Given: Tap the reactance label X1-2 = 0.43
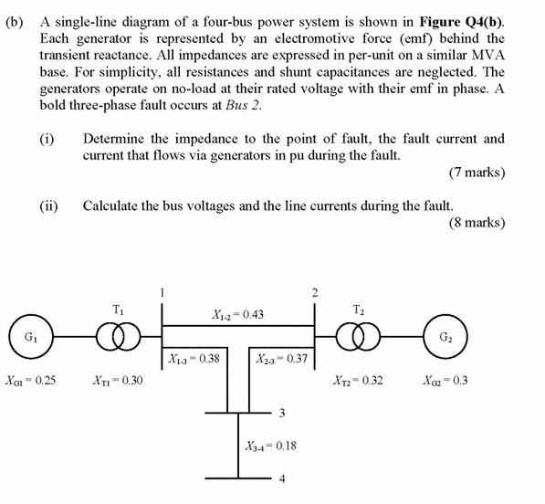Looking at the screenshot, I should click(x=238, y=314).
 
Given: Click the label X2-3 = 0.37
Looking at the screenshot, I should click(x=282, y=358).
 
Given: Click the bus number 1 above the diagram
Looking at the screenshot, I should click(x=162, y=292).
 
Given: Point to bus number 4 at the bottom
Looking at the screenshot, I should click(x=282, y=479).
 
